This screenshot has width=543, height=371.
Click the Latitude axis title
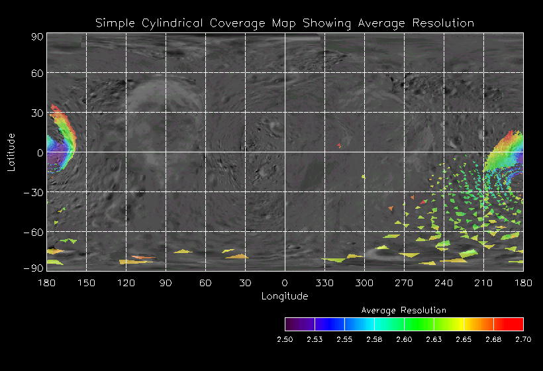pos(11,152)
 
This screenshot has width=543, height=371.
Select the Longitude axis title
pos(285,296)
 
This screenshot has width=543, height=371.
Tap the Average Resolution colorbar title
pos(404,310)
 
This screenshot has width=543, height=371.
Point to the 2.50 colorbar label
pos(285,339)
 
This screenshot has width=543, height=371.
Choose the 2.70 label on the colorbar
pos(523,339)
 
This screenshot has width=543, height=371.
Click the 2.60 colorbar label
pos(404,339)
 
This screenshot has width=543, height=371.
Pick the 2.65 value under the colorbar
pos(464,339)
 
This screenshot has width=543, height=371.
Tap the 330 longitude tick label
pos(324,283)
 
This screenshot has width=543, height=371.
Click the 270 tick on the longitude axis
pos(404,283)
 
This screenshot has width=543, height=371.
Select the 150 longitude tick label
pos(86,283)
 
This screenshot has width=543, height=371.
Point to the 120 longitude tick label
pos(126,283)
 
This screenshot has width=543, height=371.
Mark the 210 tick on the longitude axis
pos(483,283)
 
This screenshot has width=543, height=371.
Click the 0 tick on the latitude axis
pos(40,152)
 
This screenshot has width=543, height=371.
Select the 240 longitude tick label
pos(444,283)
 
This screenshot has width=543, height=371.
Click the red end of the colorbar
pos(518,324)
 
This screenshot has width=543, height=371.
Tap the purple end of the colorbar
pos(289,324)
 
